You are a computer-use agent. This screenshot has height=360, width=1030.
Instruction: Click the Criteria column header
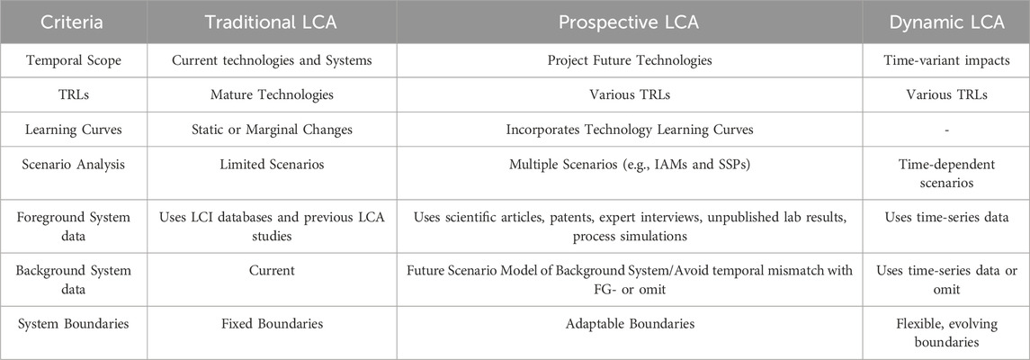(x=73, y=22)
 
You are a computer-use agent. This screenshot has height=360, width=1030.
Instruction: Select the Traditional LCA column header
(x=272, y=22)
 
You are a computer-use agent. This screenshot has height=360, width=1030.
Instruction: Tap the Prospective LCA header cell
(x=629, y=22)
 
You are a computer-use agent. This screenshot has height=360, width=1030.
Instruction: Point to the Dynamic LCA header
(x=946, y=22)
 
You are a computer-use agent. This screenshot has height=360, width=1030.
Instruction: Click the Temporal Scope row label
(x=73, y=60)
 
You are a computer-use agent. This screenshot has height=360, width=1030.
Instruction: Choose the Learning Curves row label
(x=73, y=130)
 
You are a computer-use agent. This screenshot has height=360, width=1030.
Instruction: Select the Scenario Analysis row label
(x=73, y=164)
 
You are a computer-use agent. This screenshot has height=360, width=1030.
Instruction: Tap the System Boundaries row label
(x=73, y=323)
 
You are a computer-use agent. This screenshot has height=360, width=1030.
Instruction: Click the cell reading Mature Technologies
(x=272, y=94)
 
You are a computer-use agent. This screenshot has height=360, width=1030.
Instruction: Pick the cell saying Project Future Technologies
(x=630, y=60)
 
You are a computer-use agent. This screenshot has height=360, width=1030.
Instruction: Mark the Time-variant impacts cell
(x=946, y=60)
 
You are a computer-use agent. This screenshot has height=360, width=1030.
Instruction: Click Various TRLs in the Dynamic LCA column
(x=946, y=94)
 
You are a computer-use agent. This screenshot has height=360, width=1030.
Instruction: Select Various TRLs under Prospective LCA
(x=630, y=94)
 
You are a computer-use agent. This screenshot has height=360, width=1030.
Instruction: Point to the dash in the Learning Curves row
(x=946, y=130)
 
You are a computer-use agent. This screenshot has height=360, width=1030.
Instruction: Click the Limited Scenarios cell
(x=272, y=164)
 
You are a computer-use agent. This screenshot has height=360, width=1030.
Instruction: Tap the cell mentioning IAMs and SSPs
(x=630, y=164)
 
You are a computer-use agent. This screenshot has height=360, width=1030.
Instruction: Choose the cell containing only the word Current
(x=272, y=270)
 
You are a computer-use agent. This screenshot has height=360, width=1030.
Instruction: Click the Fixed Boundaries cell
(x=272, y=323)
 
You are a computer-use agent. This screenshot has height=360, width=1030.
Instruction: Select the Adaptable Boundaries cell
(x=630, y=323)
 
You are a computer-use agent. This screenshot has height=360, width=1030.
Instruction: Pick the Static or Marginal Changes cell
(x=272, y=130)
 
